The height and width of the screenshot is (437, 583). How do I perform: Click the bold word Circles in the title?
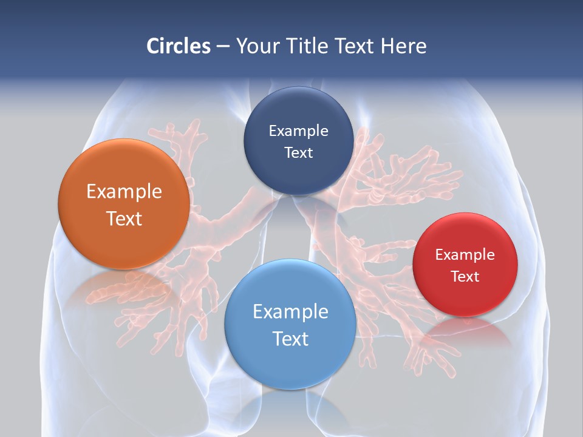pos(179,46)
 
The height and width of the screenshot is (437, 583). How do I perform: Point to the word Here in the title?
pos(403,46)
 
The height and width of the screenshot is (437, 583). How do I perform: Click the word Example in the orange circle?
pos(124,192)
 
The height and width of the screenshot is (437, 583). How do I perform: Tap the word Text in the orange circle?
pos(124,218)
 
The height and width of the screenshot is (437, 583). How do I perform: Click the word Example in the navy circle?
pos(298,131)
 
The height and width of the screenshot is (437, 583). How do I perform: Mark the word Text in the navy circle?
pos(298,152)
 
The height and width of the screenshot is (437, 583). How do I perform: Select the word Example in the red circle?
pos(465,255)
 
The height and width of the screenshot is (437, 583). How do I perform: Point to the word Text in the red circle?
pos(465,277)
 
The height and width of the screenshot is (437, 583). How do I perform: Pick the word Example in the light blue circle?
pos(290,312)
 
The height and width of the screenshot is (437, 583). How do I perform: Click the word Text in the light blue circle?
pos(290,339)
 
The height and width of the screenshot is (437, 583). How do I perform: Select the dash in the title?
pos(223,47)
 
